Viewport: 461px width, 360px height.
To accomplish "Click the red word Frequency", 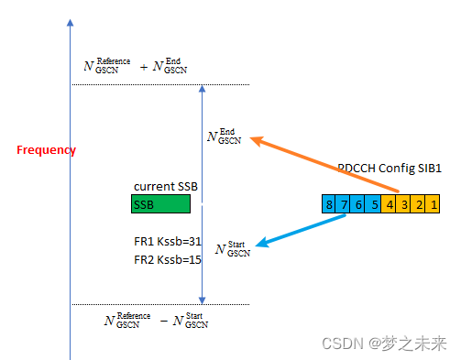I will [46, 150].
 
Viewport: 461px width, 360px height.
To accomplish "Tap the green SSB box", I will [160, 204].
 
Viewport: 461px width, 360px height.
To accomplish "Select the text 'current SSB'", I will [167, 187].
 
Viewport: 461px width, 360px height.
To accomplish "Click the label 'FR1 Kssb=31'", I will [167, 242].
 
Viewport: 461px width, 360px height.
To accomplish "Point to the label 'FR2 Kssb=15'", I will [167, 260].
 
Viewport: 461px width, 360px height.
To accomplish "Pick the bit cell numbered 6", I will [359, 203].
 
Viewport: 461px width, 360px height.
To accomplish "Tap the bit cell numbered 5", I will [374, 203].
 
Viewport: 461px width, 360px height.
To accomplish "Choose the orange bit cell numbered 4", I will [390, 203].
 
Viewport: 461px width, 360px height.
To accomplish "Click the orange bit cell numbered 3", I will [404, 203].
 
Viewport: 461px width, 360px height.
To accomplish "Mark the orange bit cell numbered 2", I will [419, 203].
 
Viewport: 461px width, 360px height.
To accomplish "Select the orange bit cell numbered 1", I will [434, 203].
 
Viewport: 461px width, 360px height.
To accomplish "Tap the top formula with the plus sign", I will [137, 65].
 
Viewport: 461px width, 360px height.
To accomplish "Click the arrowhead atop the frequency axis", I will [70, 20].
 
